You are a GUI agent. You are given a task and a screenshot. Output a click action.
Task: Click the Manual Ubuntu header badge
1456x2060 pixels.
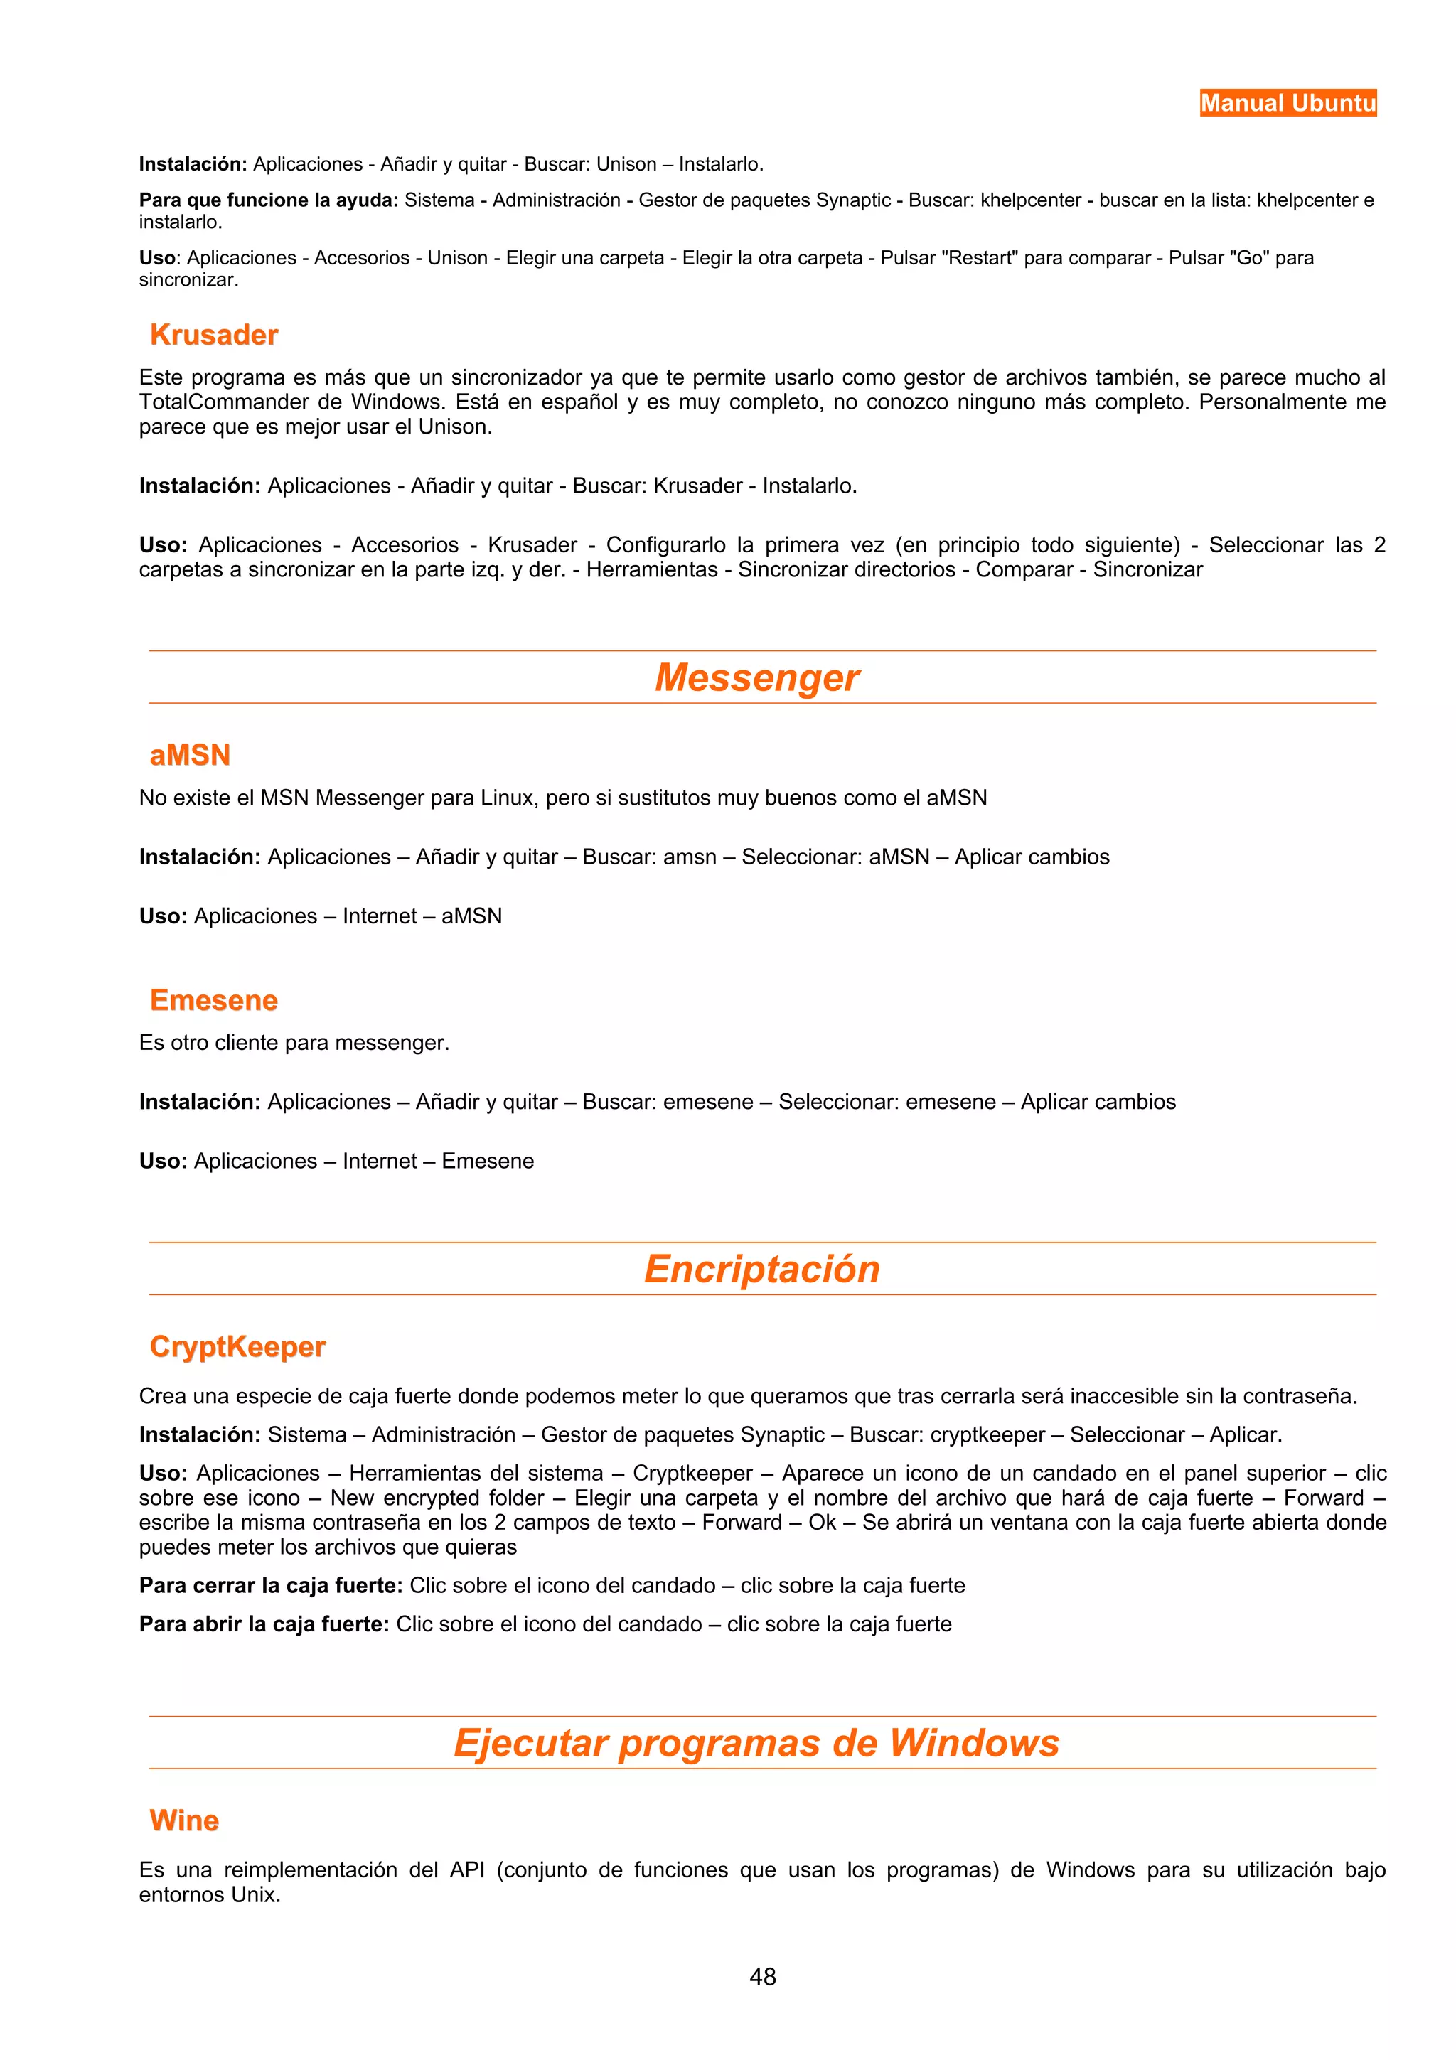(1288, 103)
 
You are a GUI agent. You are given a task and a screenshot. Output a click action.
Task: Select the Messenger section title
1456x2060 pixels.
(756, 677)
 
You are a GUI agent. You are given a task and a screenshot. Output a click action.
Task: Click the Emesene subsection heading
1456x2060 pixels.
(213, 1000)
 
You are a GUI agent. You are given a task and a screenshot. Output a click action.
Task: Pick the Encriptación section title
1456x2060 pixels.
(761, 1269)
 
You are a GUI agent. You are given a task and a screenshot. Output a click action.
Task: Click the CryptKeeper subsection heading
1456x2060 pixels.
(237, 1347)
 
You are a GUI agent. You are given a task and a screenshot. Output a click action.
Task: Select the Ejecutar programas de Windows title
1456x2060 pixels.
(756, 1742)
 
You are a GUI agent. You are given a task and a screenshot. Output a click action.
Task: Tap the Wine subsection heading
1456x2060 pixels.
(184, 1820)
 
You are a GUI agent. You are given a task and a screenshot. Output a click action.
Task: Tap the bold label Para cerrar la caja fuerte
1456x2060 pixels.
(270, 1585)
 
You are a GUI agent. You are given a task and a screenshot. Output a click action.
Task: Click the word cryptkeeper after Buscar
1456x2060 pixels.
(987, 1434)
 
